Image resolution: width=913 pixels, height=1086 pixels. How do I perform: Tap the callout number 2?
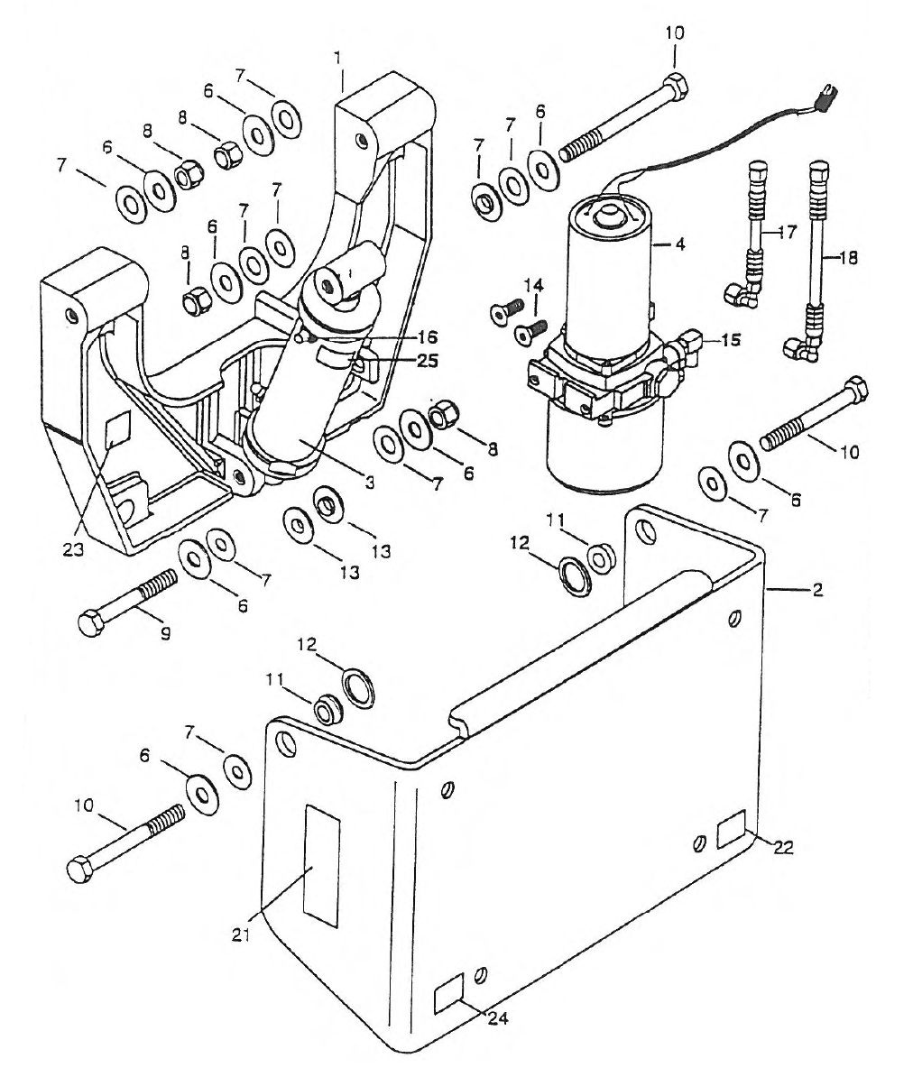click(817, 589)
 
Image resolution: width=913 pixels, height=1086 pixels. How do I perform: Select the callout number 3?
click(369, 483)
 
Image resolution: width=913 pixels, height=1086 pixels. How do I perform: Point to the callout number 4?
click(696, 244)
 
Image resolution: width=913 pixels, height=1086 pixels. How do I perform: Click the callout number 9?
click(165, 633)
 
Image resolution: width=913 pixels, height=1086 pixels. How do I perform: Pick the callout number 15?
click(731, 340)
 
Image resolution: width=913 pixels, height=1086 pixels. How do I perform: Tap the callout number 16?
click(428, 337)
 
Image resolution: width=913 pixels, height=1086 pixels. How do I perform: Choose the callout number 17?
click(788, 232)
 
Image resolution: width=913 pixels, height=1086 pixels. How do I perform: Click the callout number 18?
click(847, 257)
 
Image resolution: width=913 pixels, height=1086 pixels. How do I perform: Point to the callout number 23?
click(73, 549)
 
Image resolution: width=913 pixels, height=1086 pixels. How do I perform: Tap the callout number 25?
click(428, 361)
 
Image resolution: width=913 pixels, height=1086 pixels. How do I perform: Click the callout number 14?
click(534, 286)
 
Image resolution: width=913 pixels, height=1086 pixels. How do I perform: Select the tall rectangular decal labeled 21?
click(321, 867)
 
